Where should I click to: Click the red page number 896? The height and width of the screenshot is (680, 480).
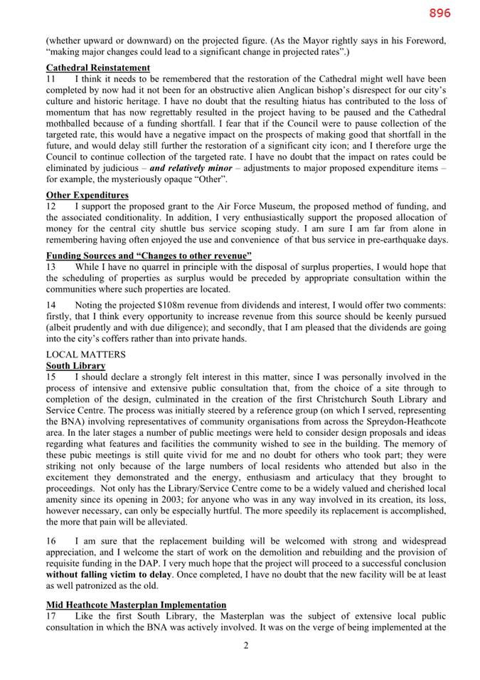click(439, 13)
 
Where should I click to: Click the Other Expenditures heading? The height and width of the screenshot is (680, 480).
click(87, 195)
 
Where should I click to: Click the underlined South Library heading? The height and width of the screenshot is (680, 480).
click(75, 365)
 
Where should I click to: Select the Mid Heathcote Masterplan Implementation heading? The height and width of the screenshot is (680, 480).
click(136, 604)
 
